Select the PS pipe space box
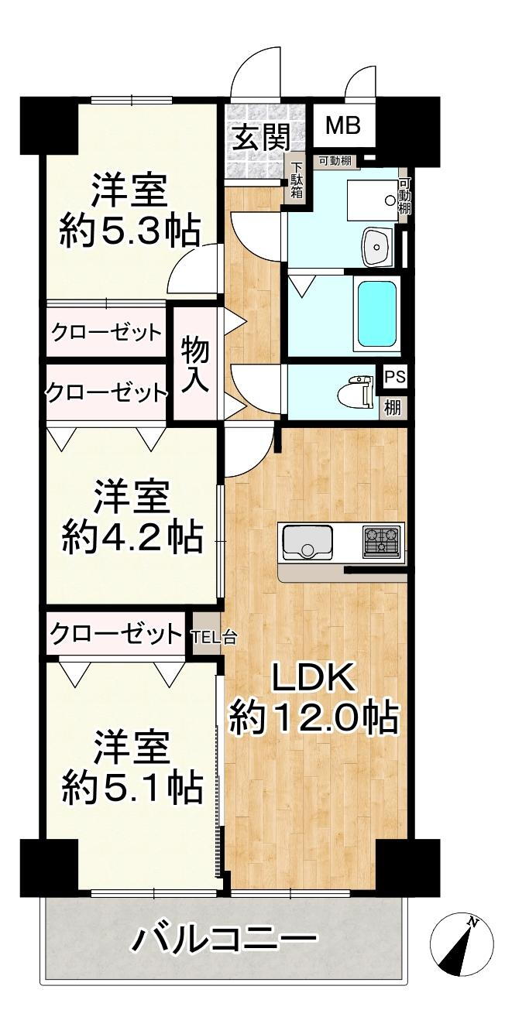point(395,378)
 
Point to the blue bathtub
point(378,313)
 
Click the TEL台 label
point(208,638)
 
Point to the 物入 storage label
point(195,365)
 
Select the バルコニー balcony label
point(224,941)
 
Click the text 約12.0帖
point(313,718)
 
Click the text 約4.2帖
point(132,536)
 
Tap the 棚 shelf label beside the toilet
point(393,407)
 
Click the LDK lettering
point(313,679)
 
